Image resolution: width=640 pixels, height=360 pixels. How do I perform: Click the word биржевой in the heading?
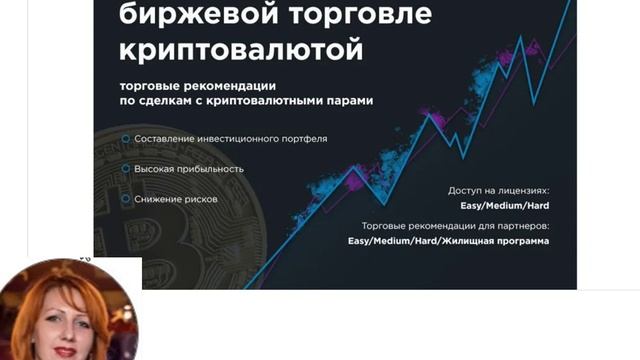click(190, 15)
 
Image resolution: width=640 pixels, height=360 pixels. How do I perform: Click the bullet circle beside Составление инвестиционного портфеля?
click(123, 139)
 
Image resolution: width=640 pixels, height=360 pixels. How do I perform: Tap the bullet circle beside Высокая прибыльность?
click(123, 169)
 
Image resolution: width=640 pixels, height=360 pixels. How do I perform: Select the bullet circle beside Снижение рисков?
click(123, 199)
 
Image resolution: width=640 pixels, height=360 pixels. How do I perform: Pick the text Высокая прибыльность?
click(189, 169)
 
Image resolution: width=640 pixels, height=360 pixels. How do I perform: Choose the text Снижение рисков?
click(176, 199)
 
